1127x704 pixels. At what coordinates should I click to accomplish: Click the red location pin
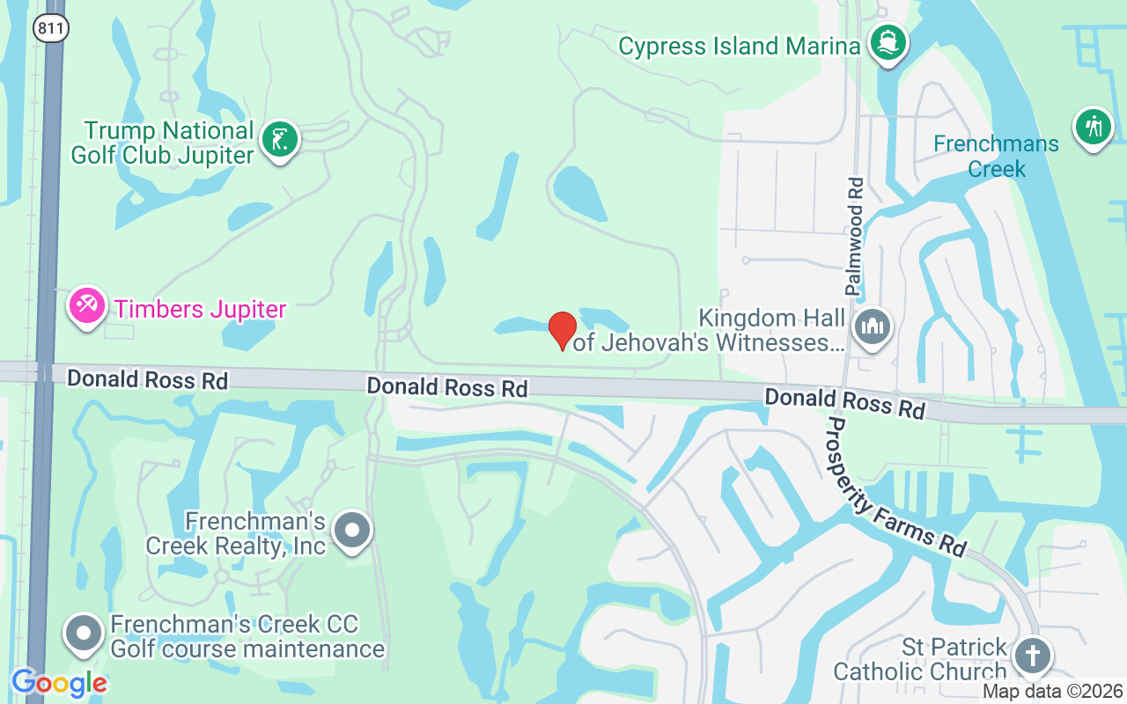(563, 330)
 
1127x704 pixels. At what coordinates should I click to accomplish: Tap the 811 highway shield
(51, 28)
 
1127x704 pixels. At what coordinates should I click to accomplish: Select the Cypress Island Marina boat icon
(888, 42)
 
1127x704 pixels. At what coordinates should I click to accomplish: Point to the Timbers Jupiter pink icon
(85, 306)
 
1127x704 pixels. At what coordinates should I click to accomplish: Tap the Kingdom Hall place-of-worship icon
(873, 328)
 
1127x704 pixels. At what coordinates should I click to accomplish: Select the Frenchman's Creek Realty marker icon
(353, 531)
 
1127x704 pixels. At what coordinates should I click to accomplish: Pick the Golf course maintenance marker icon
(85, 633)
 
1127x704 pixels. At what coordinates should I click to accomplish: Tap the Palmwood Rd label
(854, 236)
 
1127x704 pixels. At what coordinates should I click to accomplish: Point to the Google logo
(59, 683)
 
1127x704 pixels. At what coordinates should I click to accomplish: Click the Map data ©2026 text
(1053, 692)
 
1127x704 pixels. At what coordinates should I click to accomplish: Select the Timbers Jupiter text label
(201, 310)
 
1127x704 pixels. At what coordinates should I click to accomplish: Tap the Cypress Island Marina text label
(739, 46)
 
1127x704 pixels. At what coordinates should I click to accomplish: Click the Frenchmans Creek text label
(996, 156)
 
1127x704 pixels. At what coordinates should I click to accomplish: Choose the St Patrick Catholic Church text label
(919, 659)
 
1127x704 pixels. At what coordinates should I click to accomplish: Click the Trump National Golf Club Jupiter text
(169, 143)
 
